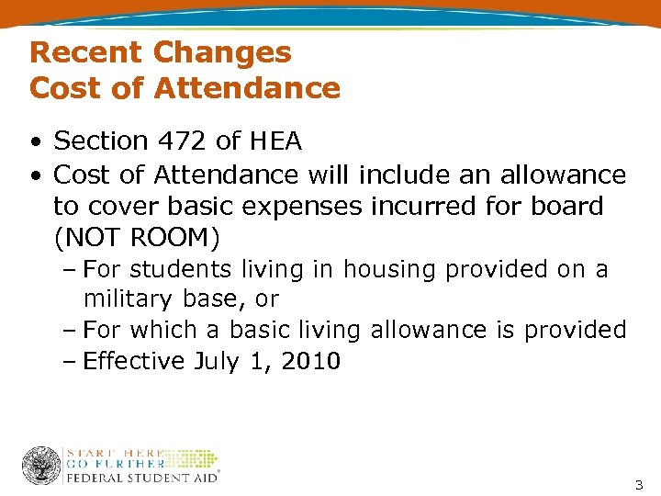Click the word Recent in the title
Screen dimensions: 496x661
tap(86, 52)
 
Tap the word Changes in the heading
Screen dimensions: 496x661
tap(222, 52)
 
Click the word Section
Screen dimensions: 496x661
tap(100, 141)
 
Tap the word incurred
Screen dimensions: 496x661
tap(420, 206)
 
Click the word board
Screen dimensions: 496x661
tap(567, 206)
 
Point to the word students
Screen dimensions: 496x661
tap(182, 270)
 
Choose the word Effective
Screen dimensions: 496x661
tap(134, 361)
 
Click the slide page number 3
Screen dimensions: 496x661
tap(639, 483)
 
